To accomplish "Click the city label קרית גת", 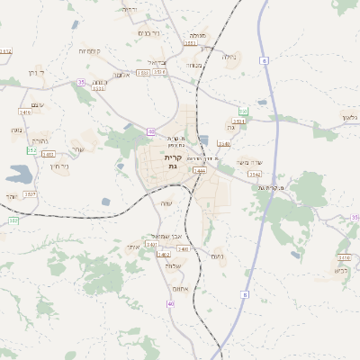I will pos(174,162).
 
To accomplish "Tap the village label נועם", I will pos(217,256).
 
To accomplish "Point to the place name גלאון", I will pos(350,118).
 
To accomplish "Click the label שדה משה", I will pos(249,162).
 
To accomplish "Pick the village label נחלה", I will pos(229,58).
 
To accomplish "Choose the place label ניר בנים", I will pos(148,32).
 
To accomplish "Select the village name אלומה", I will pos(123,76).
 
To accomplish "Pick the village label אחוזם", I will pos(177,289).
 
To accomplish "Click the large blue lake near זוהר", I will pos(19,172).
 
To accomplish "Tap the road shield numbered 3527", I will pos(31,194).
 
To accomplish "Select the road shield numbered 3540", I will pos(224,144).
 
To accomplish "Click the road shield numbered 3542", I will pos(255,174).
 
